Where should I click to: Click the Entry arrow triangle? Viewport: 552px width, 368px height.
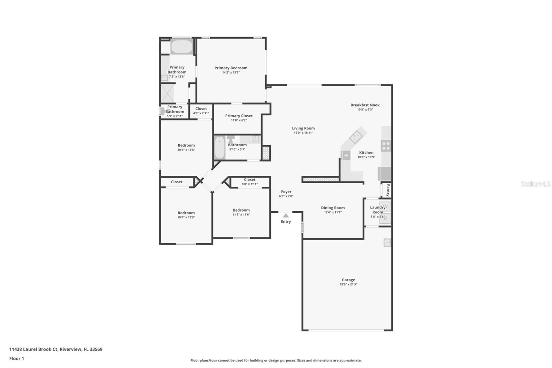(x=286, y=215)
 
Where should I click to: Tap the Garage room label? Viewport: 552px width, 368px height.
(x=348, y=280)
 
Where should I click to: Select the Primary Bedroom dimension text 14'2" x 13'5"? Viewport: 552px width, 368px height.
(x=231, y=72)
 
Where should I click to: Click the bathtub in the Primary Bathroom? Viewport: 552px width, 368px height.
(x=181, y=47)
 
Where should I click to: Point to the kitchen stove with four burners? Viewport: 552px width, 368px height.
(x=386, y=146)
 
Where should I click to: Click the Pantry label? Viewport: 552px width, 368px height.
(x=388, y=190)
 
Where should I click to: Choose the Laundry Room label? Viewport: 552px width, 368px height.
(x=377, y=210)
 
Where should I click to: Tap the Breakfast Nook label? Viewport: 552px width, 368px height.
(x=365, y=105)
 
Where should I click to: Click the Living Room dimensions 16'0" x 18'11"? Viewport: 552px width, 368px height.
(x=303, y=133)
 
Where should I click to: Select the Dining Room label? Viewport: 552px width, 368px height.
(x=333, y=208)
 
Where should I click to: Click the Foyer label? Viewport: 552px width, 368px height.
(x=286, y=192)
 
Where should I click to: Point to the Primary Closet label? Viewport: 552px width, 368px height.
(x=239, y=116)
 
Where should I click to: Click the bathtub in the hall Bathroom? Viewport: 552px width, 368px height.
(x=219, y=147)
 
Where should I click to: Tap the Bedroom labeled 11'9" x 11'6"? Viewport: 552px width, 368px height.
(x=241, y=210)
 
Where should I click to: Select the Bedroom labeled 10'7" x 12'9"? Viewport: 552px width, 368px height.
(x=186, y=213)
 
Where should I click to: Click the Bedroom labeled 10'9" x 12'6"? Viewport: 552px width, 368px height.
(x=186, y=145)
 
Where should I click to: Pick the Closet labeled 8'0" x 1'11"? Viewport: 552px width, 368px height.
(x=249, y=180)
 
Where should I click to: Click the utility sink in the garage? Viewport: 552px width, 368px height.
(x=387, y=243)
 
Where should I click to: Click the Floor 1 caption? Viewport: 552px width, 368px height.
(x=17, y=358)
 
